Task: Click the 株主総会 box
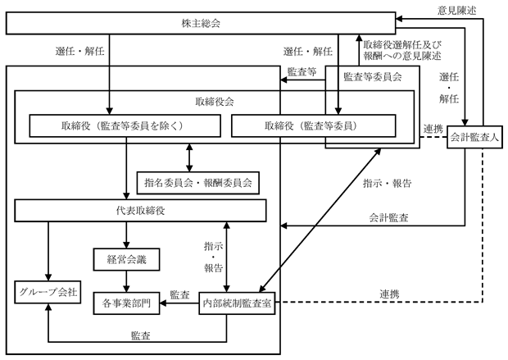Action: (x=201, y=23)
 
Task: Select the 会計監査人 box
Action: (x=474, y=137)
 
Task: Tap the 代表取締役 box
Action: (x=141, y=211)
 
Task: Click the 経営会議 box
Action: (x=127, y=259)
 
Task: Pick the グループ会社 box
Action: (x=48, y=292)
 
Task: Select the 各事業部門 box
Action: (x=127, y=303)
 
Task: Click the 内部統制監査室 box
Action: (x=237, y=303)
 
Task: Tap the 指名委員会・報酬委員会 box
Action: (x=198, y=183)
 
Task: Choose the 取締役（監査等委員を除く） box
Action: (x=125, y=125)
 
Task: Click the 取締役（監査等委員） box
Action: (x=314, y=125)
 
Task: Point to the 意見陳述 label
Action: (x=457, y=11)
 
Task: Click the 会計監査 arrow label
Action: (x=388, y=217)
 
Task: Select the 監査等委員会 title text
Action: (x=373, y=77)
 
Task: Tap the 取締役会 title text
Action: (x=215, y=102)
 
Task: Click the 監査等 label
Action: (x=302, y=71)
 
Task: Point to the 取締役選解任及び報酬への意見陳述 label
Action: (x=402, y=50)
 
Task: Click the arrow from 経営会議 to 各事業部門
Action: (x=127, y=281)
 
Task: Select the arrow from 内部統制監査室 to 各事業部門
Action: (x=179, y=303)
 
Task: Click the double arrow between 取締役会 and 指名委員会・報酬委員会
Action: (x=189, y=157)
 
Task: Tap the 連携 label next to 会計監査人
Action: (x=433, y=129)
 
